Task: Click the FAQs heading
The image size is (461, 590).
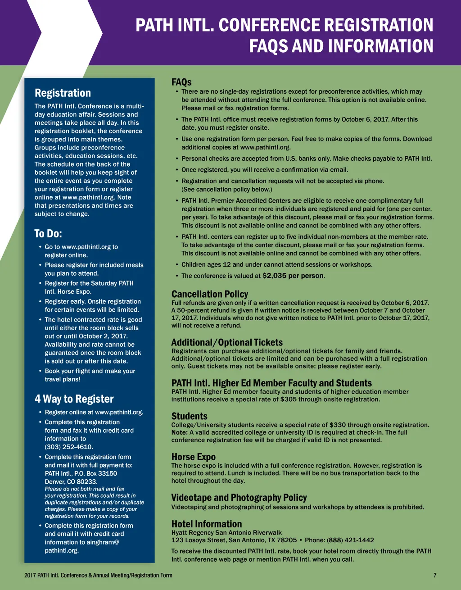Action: pos(181,82)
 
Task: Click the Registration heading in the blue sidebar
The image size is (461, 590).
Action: pos(63,93)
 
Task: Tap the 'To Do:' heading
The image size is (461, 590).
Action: pos(48,234)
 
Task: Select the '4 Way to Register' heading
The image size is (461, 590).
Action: pos(74,399)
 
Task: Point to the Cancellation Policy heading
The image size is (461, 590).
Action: pos(210,294)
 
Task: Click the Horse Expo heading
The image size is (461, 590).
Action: pos(193,457)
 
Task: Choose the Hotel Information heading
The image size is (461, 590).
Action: pos(206,524)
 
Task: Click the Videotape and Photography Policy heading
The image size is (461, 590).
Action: pos(239,498)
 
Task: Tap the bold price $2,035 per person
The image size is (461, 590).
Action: pos(293,276)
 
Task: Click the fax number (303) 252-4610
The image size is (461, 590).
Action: pos(69,447)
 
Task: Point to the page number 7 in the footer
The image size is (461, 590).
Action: pos(435,575)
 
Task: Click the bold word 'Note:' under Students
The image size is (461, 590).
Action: pos(179,432)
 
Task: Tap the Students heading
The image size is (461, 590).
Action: pos(189,416)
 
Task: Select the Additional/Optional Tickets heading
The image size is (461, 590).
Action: pos(227,342)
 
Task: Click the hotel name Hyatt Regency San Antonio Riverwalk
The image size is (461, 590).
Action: pos(226,532)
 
